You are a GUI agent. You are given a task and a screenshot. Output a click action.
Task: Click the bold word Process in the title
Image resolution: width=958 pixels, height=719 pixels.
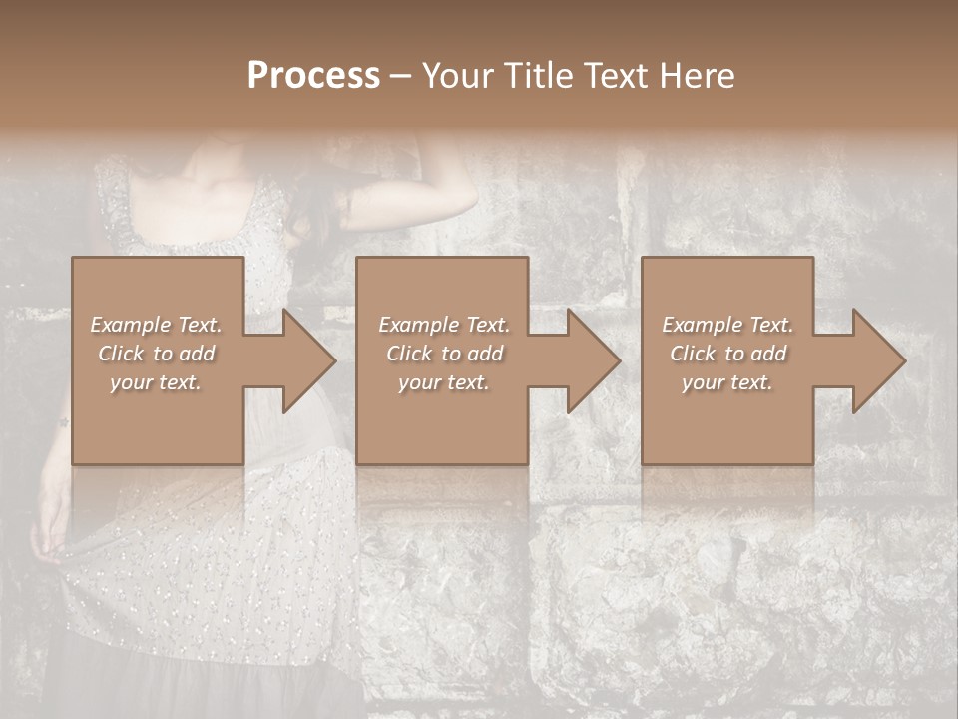point(313,76)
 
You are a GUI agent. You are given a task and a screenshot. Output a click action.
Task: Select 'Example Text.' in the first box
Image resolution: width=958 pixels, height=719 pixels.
point(156,325)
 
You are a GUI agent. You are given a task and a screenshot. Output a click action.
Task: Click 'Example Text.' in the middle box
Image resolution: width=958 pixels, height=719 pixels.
point(444,325)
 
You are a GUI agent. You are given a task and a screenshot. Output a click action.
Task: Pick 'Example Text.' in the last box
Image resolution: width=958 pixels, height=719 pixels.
point(727,325)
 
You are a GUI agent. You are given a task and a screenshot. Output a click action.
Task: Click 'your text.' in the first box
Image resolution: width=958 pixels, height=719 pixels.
point(156,382)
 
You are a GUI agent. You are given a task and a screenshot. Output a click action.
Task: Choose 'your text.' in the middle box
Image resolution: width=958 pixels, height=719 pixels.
point(444,382)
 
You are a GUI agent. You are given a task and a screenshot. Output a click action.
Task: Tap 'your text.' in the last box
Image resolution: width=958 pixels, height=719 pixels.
point(727,382)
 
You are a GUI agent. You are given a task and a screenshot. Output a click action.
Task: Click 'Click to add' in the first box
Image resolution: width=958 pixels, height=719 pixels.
point(156,354)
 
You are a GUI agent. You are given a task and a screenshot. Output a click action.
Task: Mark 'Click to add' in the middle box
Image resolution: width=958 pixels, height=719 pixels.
point(444,354)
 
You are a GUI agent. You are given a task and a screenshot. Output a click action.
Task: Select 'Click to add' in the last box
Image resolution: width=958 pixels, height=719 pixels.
point(727,354)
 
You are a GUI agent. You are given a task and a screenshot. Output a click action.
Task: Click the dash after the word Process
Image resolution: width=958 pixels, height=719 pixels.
point(401,78)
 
